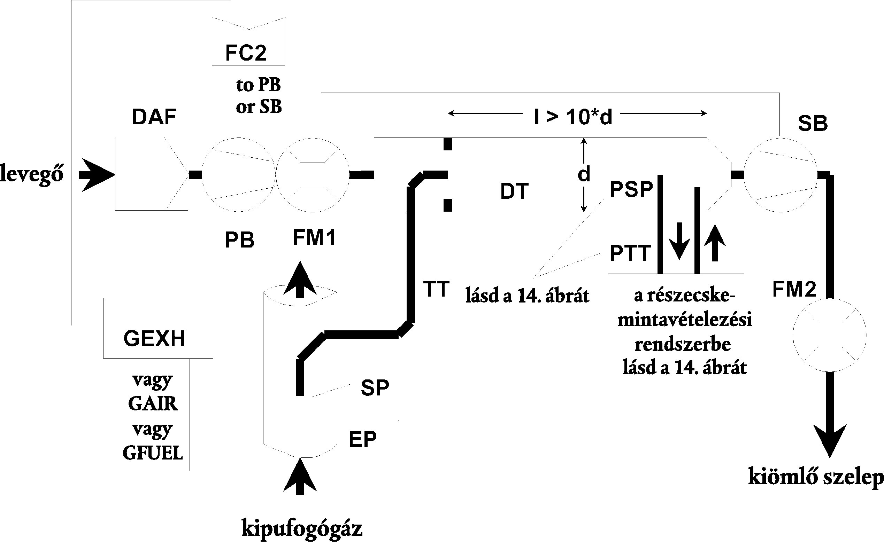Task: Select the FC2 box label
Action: click(x=246, y=53)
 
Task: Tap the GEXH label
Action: click(x=154, y=339)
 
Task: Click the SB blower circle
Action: click(x=781, y=175)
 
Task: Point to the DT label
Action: click(x=514, y=192)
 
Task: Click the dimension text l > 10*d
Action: click(x=573, y=117)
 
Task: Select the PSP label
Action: click(x=631, y=189)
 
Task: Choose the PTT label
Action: click(x=630, y=253)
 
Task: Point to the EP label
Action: click(x=362, y=439)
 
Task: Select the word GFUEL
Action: click(x=153, y=453)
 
